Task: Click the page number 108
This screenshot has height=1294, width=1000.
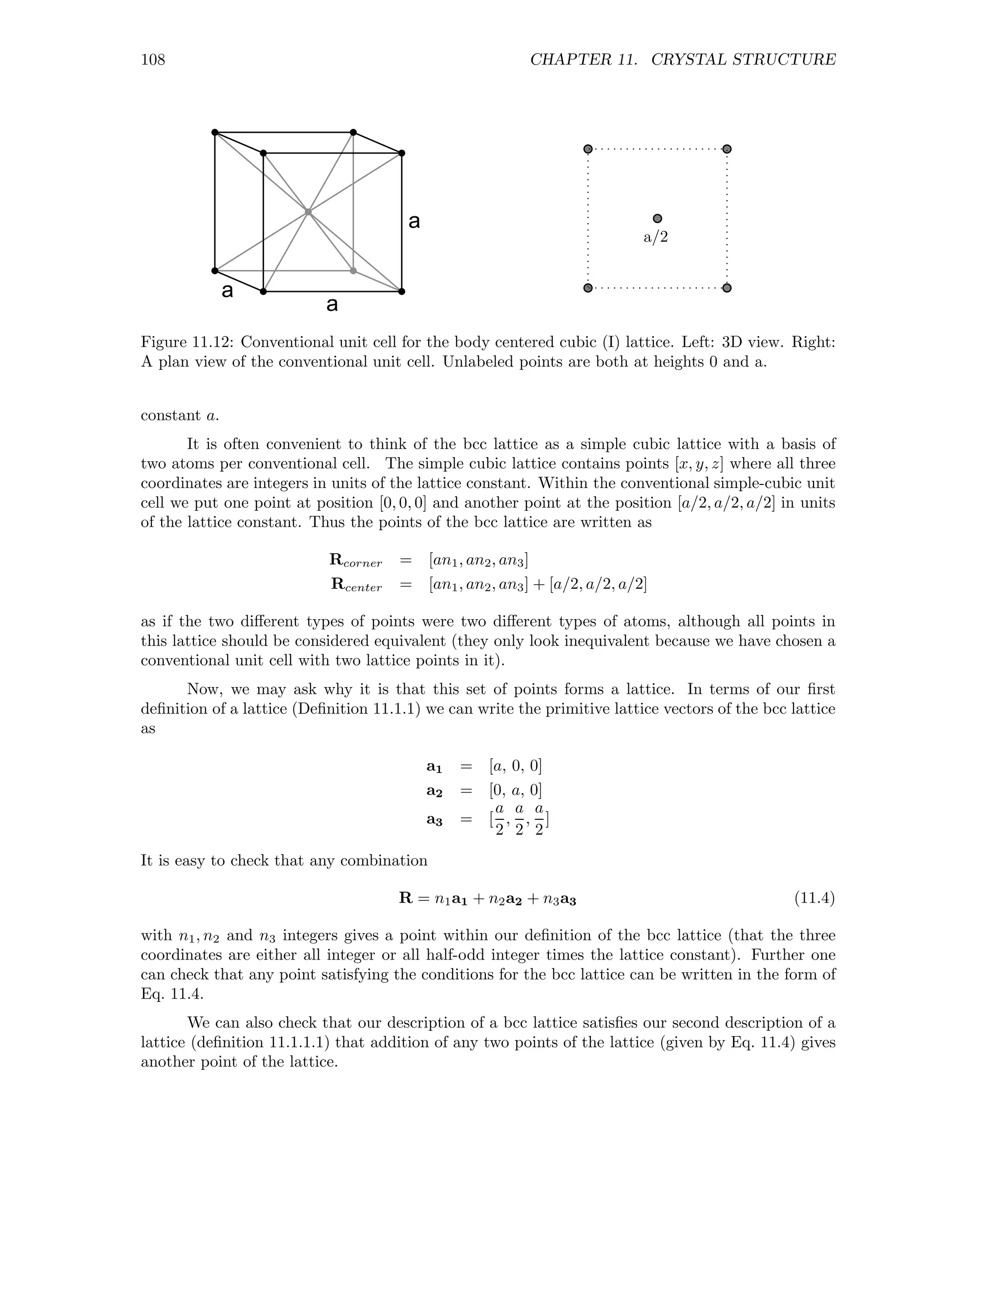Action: click(153, 60)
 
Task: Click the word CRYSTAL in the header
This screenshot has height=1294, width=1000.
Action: click(687, 60)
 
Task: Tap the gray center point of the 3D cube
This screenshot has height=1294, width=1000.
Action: click(308, 211)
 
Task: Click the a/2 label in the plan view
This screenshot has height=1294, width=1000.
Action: click(656, 238)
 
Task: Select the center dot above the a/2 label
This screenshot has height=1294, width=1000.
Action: click(657, 219)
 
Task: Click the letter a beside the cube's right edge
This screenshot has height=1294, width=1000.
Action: click(414, 222)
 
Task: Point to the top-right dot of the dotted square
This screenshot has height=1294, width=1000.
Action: click(727, 149)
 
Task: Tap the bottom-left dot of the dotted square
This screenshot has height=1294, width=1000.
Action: click(588, 288)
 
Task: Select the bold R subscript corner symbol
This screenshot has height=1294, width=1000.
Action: click(355, 560)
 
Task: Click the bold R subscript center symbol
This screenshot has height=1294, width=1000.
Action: click(356, 585)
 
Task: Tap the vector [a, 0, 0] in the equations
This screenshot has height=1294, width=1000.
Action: click(516, 766)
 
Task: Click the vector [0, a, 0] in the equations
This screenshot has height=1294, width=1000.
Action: click(516, 791)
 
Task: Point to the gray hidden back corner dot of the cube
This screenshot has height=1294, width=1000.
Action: click(353, 271)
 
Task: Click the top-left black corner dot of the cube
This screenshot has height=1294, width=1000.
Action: click(215, 132)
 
